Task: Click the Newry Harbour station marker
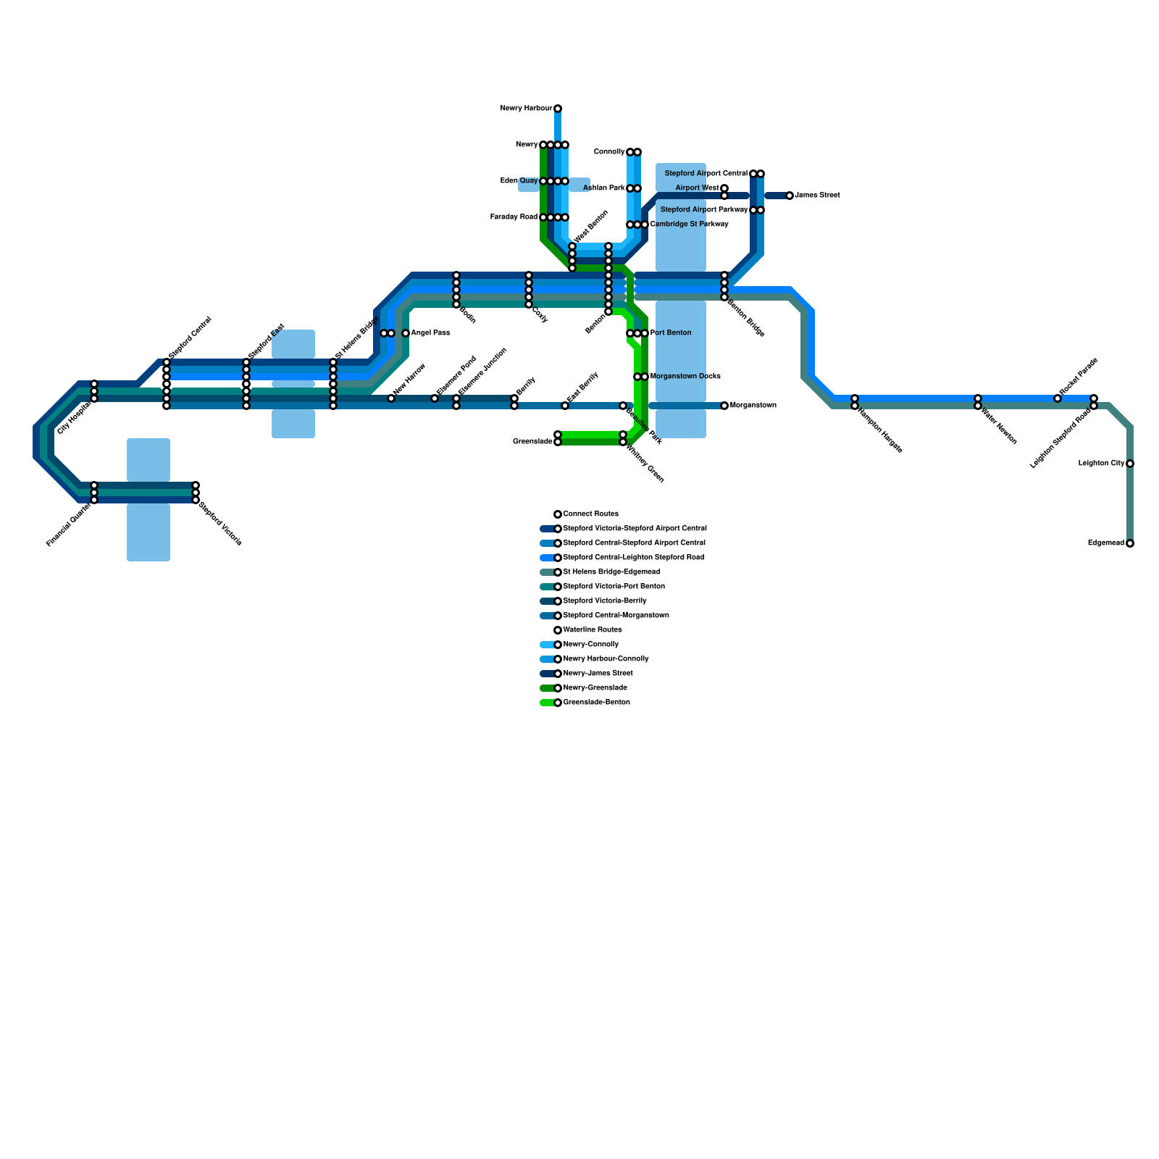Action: [x=558, y=109]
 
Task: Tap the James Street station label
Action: [x=817, y=196]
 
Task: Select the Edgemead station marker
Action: [x=1130, y=543]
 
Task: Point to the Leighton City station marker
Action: [x=1130, y=464]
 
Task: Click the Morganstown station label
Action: [x=753, y=406]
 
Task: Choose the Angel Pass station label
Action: [x=430, y=333]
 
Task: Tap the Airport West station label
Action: [x=697, y=188]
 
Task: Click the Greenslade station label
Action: [x=532, y=442]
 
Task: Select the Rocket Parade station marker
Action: [x=1058, y=398]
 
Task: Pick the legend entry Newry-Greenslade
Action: [x=595, y=688]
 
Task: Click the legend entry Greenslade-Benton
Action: [x=596, y=703]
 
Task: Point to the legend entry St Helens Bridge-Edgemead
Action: [x=611, y=572]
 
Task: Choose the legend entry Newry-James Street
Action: [x=598, y=674]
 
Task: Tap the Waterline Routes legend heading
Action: [x=593, y=630]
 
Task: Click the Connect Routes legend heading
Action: [x=591, y=514]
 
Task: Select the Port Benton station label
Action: [x=671, y=333]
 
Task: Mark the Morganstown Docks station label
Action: [x=685, y=377]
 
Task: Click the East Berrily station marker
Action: [x=565, y=406]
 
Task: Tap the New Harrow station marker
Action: [x=391, y=398]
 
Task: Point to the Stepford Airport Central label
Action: [x=706, y=174]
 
